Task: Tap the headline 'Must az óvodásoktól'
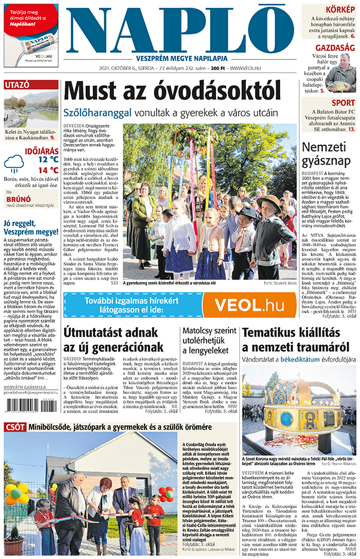click(172, 92)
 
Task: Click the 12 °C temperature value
click(48, 159)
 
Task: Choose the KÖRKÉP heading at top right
click(340, 9)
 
